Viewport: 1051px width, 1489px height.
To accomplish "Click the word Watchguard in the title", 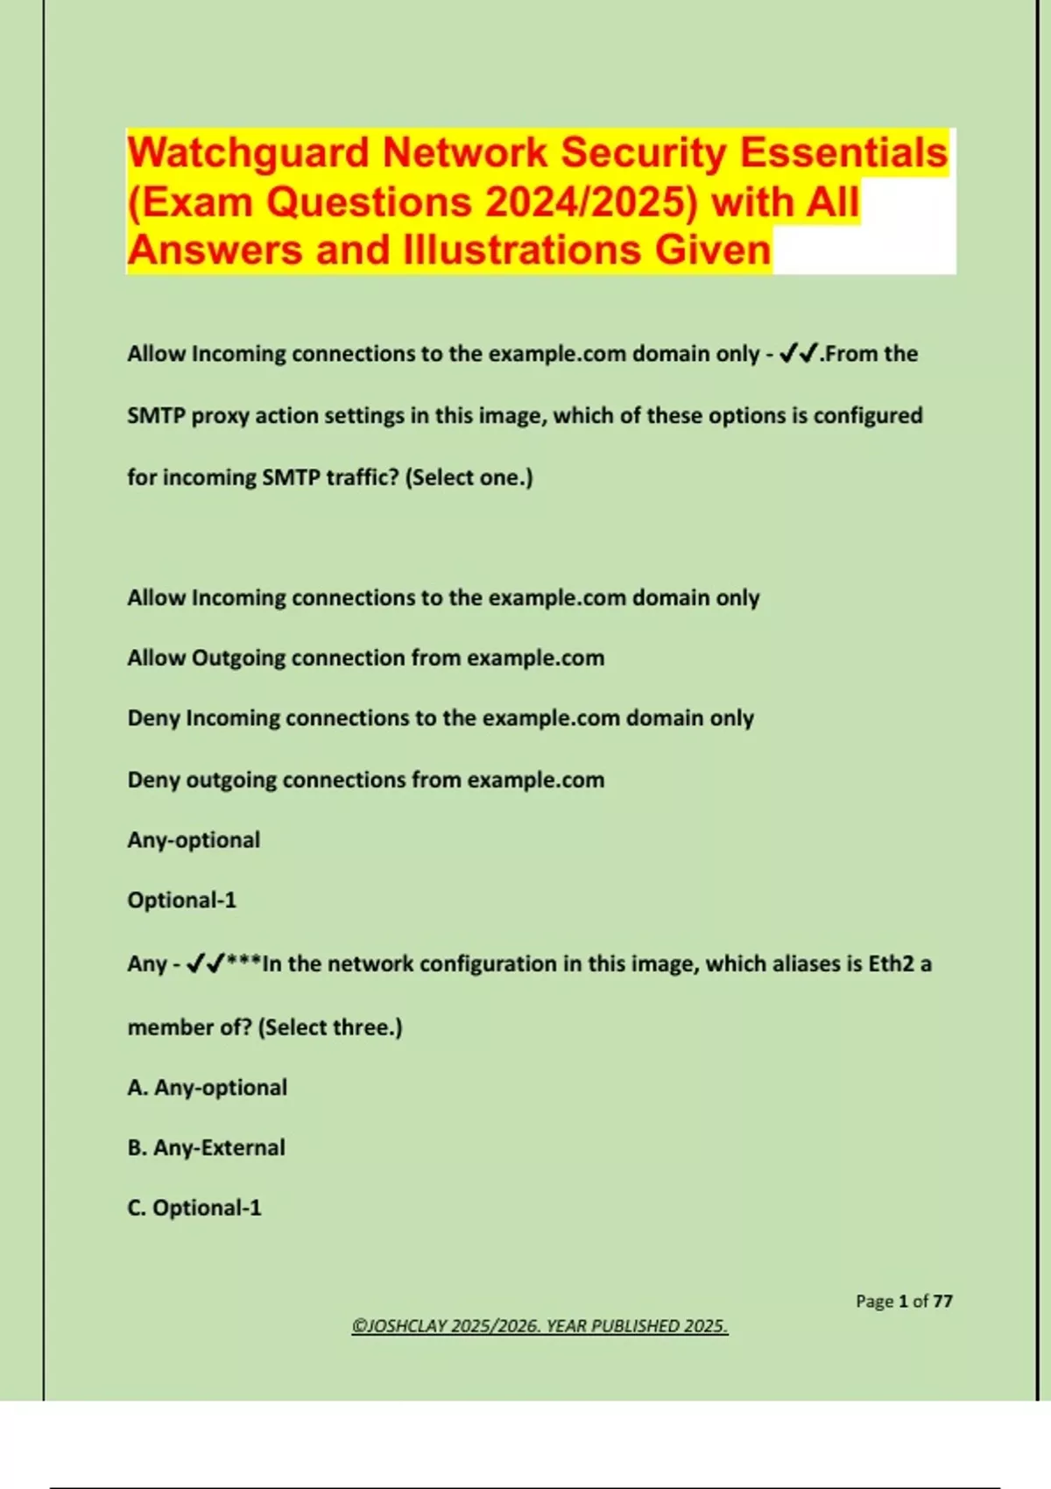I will click(249, 153).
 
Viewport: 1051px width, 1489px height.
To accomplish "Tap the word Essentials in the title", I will click(843, 153).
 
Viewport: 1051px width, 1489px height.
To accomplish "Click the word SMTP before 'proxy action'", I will click(156, 415).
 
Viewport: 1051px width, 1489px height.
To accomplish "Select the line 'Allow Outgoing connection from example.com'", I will click(365, 658).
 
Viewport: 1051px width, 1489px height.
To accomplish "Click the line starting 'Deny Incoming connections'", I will click(441, 718).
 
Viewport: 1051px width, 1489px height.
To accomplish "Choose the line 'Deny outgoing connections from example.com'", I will click(365, 780).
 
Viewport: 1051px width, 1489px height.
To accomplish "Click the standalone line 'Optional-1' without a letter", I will click(181, 900).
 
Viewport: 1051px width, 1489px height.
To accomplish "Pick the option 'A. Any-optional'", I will click(207, 1088).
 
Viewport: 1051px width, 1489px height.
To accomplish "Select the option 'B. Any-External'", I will click(206, 1147).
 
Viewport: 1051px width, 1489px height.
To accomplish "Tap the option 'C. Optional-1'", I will click(194, 1208).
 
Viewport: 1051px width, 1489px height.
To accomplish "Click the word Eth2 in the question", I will click(891, 964).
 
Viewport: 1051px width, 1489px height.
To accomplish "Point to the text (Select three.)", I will click(330, 1027).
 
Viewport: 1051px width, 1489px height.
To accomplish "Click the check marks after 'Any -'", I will click(205, 964).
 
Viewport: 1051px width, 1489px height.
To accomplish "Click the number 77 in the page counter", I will click(942, 1302).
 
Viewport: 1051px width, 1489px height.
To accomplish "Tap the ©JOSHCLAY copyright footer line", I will click(540, 1326).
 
